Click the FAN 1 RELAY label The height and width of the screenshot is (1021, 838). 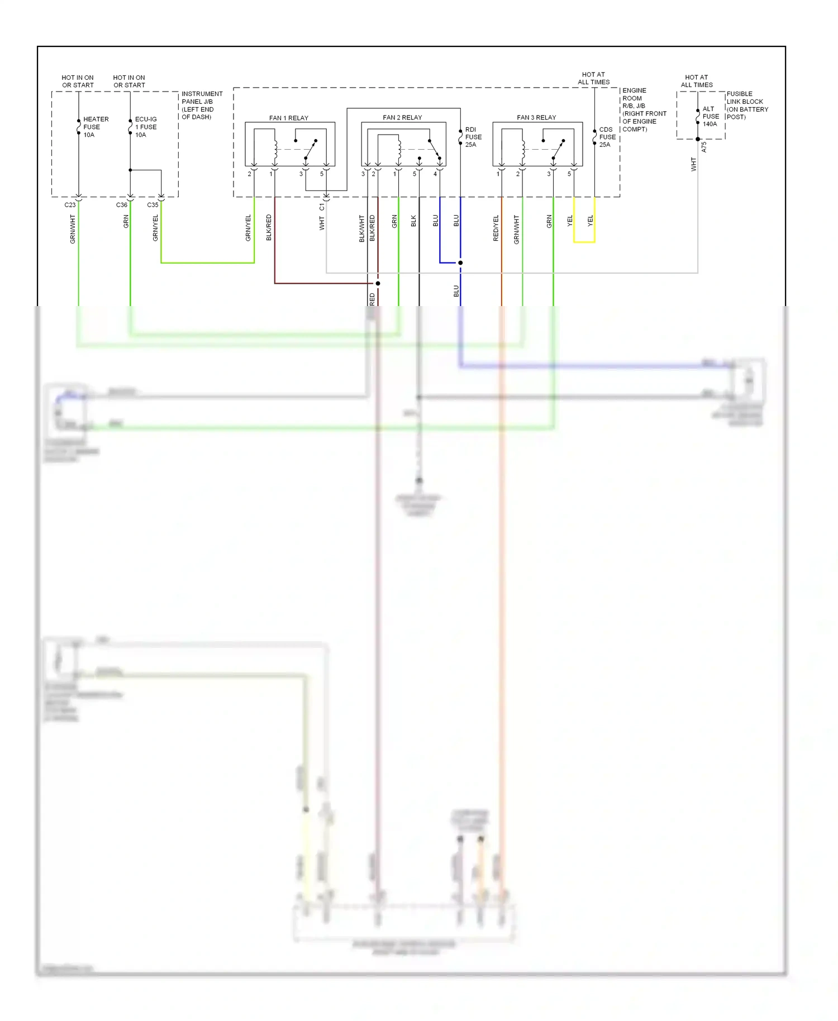tap(288, 118)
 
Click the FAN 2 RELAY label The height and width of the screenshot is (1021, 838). tap(402, 117)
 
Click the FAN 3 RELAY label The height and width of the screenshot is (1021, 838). tap(536, 117)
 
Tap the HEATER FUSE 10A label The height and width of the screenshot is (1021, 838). tap(96, 127)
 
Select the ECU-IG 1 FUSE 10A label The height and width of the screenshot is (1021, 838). tap(146, 127)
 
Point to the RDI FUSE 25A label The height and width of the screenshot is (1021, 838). tap(473, 137)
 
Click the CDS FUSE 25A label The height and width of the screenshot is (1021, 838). tap(607, 137)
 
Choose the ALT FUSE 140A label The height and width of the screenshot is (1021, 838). tap(710, 116)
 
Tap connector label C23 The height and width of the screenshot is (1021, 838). tap(70, 205)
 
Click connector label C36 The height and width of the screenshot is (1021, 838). tap(121, 205)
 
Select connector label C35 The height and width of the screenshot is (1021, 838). tap(153, 205)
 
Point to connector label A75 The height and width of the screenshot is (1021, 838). tap(704, 147)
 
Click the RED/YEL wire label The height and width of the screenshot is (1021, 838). tap(496, 228)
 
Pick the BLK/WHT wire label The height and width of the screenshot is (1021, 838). tap(362, 228)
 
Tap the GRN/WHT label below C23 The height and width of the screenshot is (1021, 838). tap(73, 229)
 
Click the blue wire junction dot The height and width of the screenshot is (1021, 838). tap(460, 263)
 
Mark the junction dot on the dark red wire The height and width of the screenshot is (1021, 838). tap(378, 283)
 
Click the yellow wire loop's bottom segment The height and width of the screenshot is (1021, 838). tap(584, 242)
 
